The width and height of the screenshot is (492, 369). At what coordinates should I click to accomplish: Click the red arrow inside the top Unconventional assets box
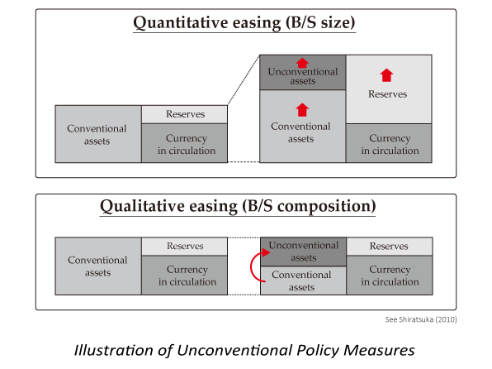point(302,63)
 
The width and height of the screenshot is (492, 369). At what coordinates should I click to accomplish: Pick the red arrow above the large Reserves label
point(386,75)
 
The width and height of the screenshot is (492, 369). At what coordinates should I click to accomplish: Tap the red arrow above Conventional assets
point(302,110)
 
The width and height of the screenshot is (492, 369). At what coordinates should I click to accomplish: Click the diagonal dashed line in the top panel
point(244,80)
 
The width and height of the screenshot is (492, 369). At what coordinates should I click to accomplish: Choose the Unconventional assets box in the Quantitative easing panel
point(303,72)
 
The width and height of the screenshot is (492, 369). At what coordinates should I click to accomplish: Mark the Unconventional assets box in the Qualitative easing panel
point(304,252)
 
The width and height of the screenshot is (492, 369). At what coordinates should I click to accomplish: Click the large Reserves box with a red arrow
point(389,89)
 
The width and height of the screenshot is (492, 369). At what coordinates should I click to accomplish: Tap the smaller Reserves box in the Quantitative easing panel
point(185,114)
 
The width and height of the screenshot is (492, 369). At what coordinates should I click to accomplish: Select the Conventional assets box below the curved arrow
point(304,280)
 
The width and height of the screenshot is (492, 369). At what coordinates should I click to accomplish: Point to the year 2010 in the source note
point(446,319)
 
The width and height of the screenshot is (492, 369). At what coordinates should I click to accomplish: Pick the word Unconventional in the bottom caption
point(235,350)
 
